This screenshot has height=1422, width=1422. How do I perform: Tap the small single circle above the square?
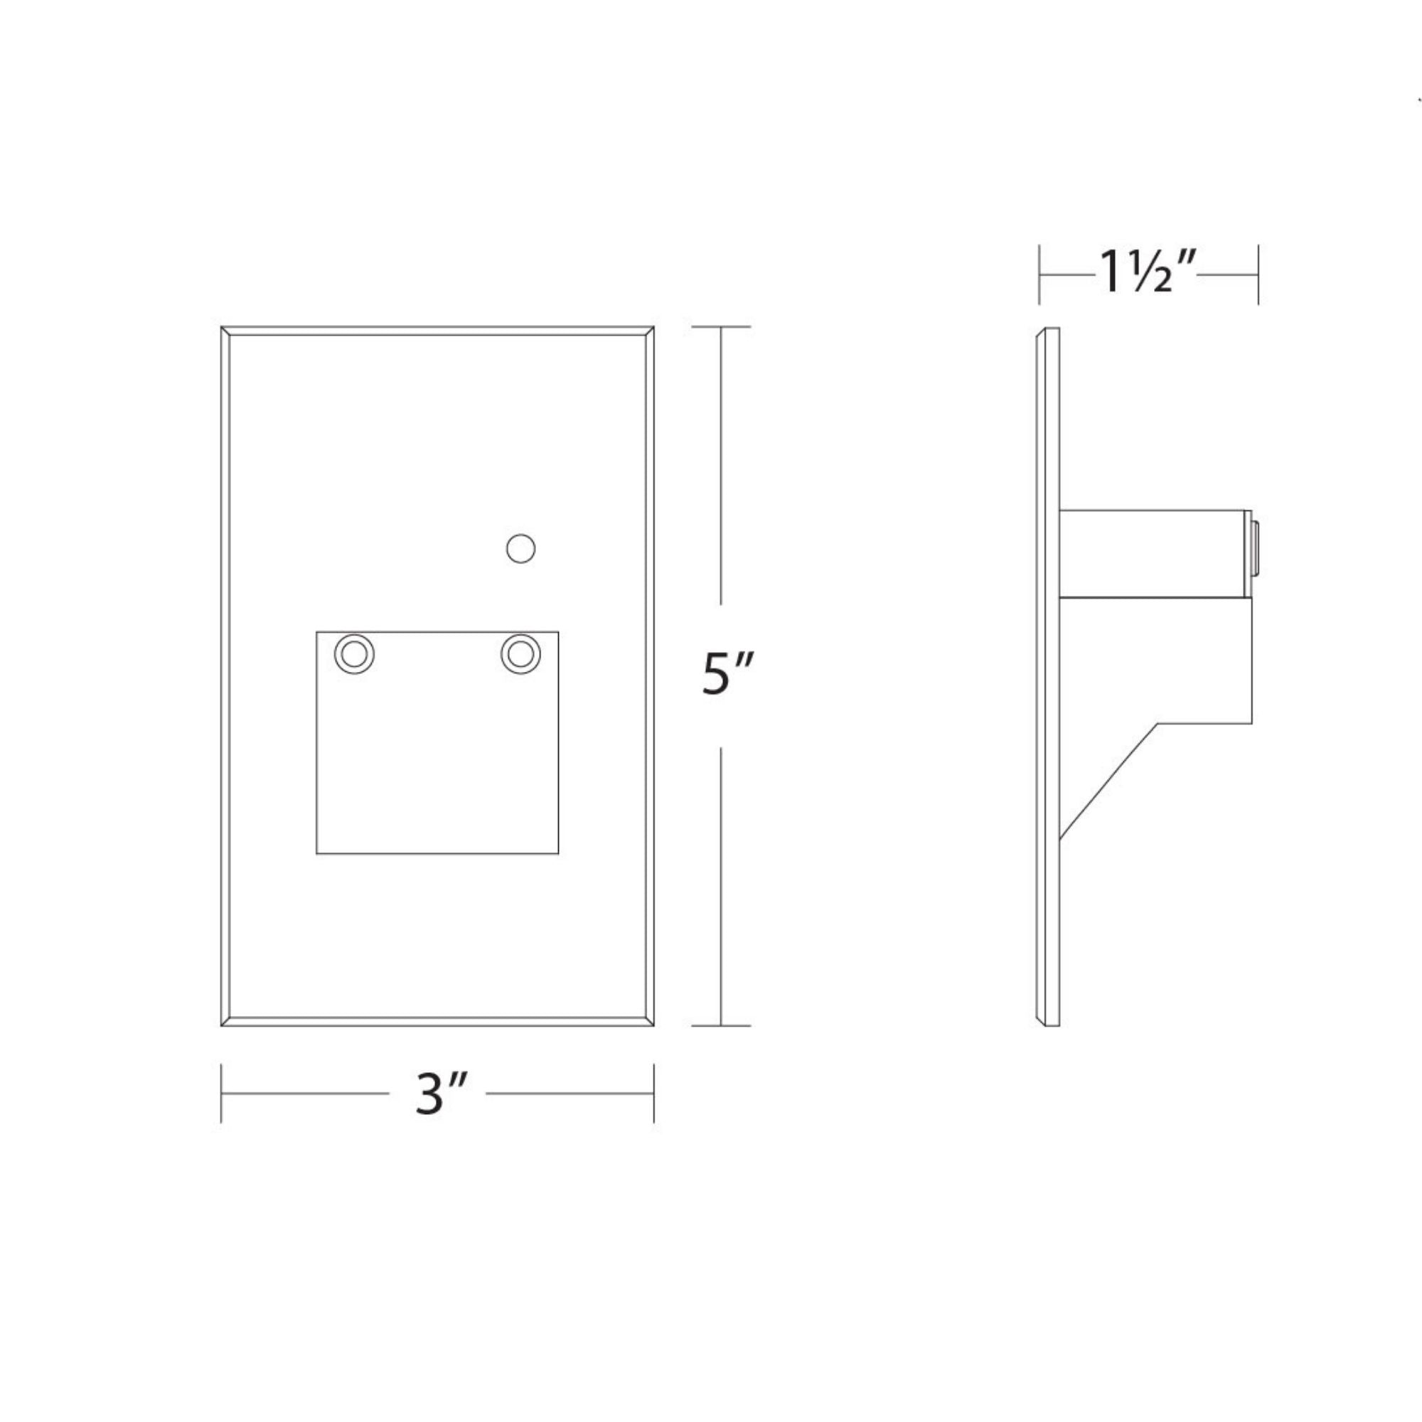[x=521, y=548]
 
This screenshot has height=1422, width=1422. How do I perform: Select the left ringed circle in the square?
[x=354, y=653]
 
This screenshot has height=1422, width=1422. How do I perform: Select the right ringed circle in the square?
[x=520, y=653]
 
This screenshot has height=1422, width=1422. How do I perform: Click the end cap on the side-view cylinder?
[x=1255, y=558]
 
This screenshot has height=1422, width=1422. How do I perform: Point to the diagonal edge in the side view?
[x=1108, y=781]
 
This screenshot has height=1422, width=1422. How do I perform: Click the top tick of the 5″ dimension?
[x=720, y=327]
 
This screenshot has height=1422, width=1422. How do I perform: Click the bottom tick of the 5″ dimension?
[x=720, y=1025]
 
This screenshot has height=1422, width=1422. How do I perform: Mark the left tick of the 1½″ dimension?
[x=1039, y=274]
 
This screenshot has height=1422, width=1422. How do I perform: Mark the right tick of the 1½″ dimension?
[x=1258, y=274]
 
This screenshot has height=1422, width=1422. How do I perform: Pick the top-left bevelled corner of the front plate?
[x=225, y=331]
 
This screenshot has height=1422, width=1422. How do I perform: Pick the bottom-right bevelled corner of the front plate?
[x=650, y=1022]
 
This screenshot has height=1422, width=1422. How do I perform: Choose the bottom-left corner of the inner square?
[x=317, y=853]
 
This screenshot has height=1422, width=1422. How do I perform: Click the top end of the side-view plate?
[x=1049, y=330]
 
